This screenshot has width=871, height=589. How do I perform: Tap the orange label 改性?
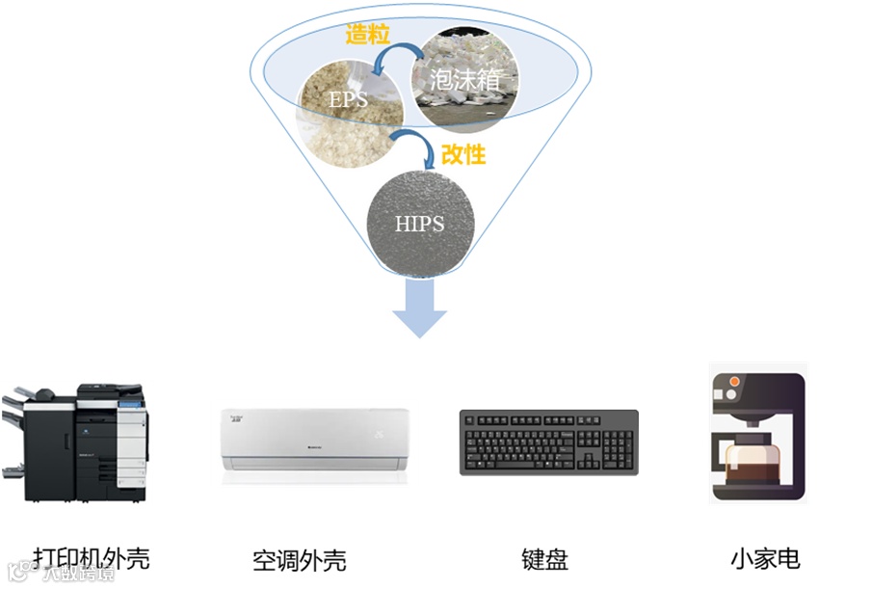click(x=462, y=153)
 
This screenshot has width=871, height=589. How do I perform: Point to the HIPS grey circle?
click(x=419, y=223)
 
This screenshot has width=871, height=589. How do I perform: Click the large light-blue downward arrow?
click(x=420, y=308)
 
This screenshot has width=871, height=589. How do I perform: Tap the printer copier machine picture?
click(x=76, y=442)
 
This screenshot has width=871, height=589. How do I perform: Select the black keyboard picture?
click(x=548, y=442)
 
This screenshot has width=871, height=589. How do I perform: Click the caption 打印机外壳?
click(x=92, y=558)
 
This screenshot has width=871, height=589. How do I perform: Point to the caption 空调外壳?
click(x=299, y=559)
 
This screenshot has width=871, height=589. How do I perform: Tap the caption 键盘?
click(x=545, y=558)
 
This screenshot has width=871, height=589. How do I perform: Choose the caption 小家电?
click(x=765, y=558)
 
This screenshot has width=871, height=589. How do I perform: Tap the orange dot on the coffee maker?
click(x=734, y=383)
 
